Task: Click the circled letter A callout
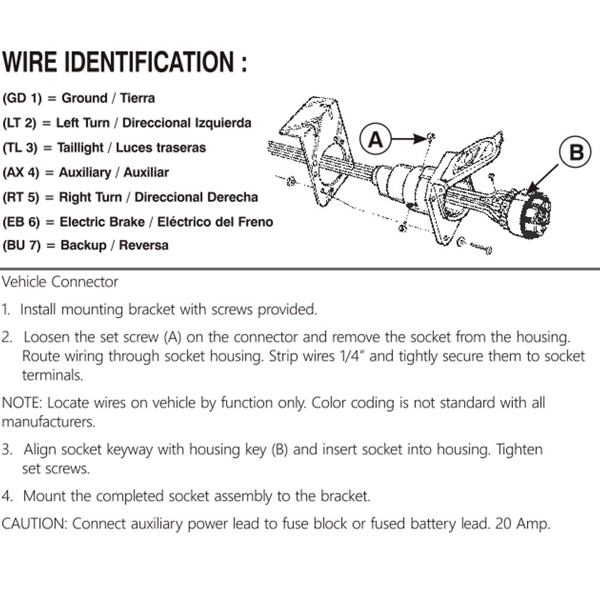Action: [375, 140]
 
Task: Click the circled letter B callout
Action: [576, 152]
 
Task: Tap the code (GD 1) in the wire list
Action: [22, 98]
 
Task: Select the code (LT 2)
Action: [20, 123]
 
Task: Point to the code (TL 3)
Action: [20, 147]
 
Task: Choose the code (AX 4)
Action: [22, 173]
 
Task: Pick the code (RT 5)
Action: [22, 197]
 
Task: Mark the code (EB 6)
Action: [22, 222]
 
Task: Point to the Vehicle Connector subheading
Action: [60, 282]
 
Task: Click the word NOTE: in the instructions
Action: [22, 402]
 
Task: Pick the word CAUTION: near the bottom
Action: [35, 523]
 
